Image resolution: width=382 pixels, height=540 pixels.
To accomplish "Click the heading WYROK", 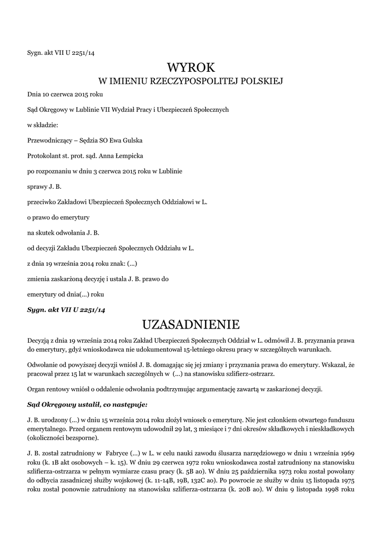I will (x=191, y=67).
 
